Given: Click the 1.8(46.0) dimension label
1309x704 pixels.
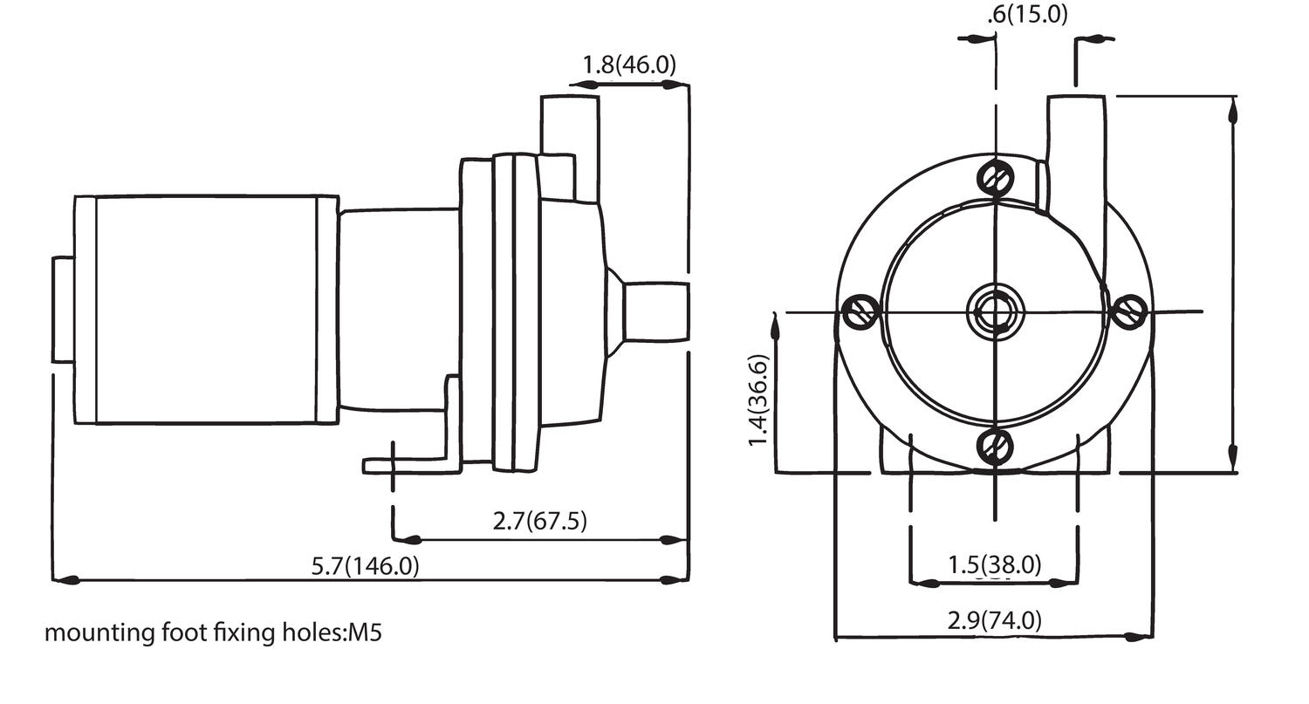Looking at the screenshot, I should [628, 65].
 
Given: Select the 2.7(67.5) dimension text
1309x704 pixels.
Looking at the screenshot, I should [539, 522].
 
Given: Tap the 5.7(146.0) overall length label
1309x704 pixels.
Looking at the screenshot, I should [365, 566].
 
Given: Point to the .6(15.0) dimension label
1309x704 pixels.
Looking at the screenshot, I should [1027, 15].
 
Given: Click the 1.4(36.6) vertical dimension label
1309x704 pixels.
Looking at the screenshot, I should [758, 400].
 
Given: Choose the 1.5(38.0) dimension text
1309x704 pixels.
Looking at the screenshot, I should [994, 565].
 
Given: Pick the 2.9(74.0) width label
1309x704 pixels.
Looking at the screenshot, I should [994, 620].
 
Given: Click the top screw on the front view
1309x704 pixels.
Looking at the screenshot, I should [995, 179].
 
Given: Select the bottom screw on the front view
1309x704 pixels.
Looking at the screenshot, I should [995, 447].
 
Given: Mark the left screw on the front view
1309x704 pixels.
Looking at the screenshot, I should [860, 311].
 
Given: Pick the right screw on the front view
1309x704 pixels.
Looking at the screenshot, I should [1130, 311].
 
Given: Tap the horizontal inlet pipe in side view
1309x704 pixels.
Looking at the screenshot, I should [654, 311].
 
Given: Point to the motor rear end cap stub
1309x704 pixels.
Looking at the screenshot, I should [63, 310].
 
